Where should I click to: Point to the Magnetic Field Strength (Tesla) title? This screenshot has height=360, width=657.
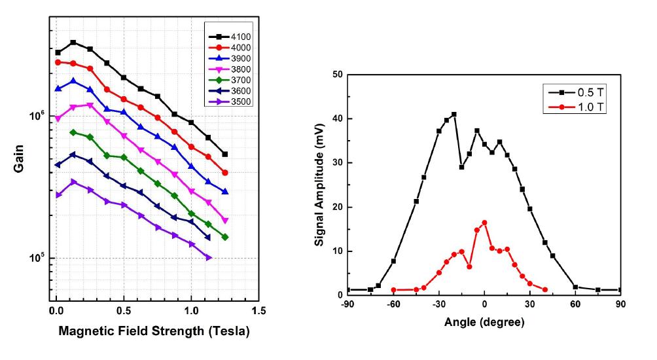click(154, 332)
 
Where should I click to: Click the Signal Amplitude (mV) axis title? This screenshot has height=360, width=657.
click(319, 185)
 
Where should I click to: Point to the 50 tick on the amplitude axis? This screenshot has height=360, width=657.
click(338, 75)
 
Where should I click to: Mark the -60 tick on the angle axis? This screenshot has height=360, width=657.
click(393, 304)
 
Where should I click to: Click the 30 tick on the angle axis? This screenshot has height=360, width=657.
click(529, 304)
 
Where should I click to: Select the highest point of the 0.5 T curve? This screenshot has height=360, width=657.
click(453, 115)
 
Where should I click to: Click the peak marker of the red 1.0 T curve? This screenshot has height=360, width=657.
click(484, 223)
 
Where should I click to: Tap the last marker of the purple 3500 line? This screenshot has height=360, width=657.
click(209, 258)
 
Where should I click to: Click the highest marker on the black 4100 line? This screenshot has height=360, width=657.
click(73, 43)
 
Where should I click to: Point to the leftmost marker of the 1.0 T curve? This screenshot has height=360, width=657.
click(393, 290)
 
